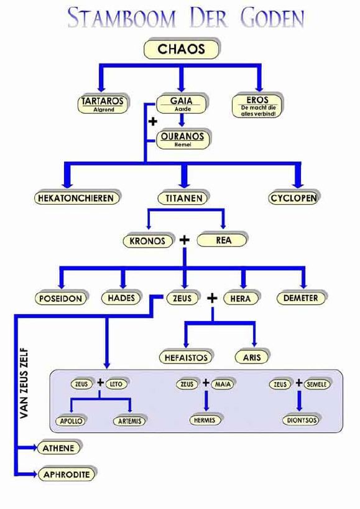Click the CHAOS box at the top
point(181,49)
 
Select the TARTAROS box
point(103,104)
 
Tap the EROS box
point(257,106)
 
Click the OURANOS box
point(183,139)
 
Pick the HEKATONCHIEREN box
point(76,198)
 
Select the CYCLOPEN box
point(293,198)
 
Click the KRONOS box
point(147,241)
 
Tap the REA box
point(222,240)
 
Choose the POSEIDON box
point(61,299)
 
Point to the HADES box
point(121,298)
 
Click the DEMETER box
point(301,298)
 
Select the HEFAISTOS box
point(186,357)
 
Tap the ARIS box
point(252,357)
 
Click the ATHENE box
point(58,448)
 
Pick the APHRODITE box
point(67,474)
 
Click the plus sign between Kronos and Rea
point(184,240)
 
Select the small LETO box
point(116,384)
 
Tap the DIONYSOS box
point(302,420)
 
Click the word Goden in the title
point(273,18)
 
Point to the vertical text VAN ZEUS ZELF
point(24,383)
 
